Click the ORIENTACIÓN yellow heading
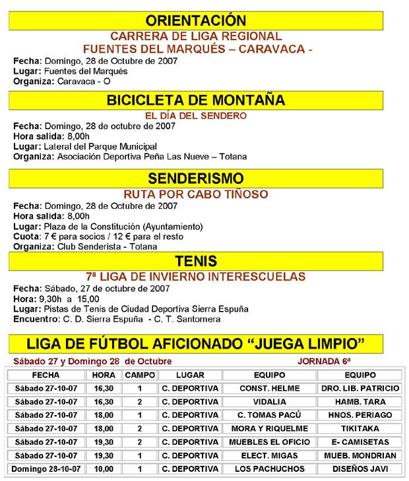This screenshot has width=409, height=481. [196, 20]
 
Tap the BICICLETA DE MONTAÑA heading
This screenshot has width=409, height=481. [196, 100]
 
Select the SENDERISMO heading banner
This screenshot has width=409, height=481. [196, 179]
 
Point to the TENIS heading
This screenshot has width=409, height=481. [196, 261]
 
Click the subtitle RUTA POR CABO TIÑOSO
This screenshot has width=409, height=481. [196, 194]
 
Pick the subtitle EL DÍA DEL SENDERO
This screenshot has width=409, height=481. [196, 115]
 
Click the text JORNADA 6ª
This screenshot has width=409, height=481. [324, 361]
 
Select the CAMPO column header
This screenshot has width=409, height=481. [140, 375]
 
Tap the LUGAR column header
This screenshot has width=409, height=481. [190, 375]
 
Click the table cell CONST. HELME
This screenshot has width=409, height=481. [269, 389]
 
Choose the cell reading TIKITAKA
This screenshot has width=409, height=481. [360, 428]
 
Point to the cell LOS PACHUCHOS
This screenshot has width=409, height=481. [269, 468]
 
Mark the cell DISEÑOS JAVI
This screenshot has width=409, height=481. [360, 468]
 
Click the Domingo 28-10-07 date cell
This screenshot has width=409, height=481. [46, 468]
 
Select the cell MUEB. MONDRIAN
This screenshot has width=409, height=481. [360, 455]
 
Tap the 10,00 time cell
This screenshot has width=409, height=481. [104, 468]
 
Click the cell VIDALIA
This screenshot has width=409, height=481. [269, 402]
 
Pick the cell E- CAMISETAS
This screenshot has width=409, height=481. [360, 442]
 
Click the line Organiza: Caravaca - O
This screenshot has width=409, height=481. [62, 81]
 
